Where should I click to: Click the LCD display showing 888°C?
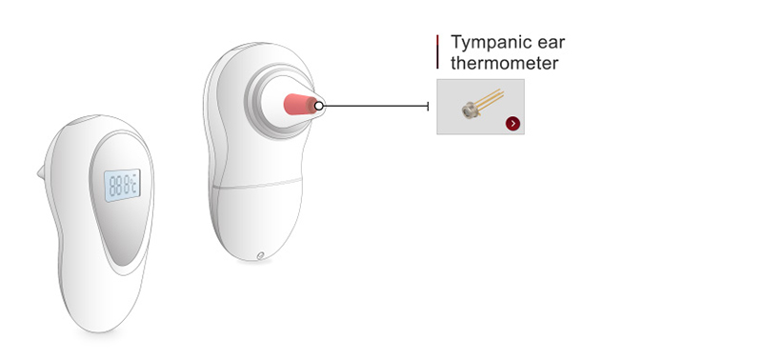(x=122, y=185)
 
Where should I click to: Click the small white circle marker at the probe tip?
(x=319, y=106)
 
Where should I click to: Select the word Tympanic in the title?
(x=491, y=44)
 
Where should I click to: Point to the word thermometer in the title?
(x=504, y=64)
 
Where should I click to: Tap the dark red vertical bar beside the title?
(x=437, y=51)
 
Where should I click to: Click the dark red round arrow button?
(x=513, y=123)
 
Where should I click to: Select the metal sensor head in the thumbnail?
(x=470, y=110)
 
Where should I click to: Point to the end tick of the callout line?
(x=431, y=106)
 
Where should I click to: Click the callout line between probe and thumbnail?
(x=376, y=106)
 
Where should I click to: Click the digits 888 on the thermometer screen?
(x=118, y=185)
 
